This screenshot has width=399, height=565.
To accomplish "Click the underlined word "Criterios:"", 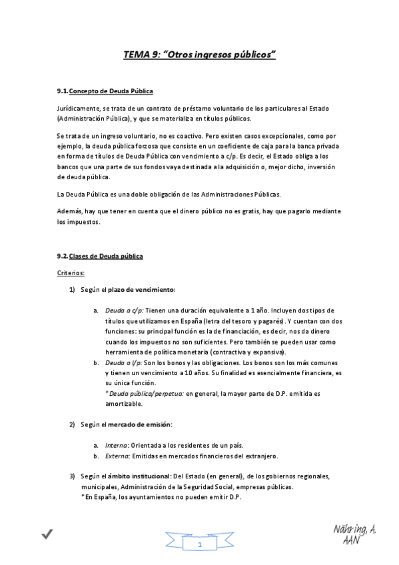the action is pyautogui.click(x=71, y=273).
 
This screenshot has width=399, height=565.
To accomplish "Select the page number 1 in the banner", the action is pyautogui.click(x=199, y=546).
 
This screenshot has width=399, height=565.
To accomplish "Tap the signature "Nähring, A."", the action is pyautogui.click(x=354, y=529).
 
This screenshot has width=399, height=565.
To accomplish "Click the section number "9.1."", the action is pyautogui.click(x=63, y=91).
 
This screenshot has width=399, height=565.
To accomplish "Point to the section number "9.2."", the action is pyautogui.click(x=63, y=256).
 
